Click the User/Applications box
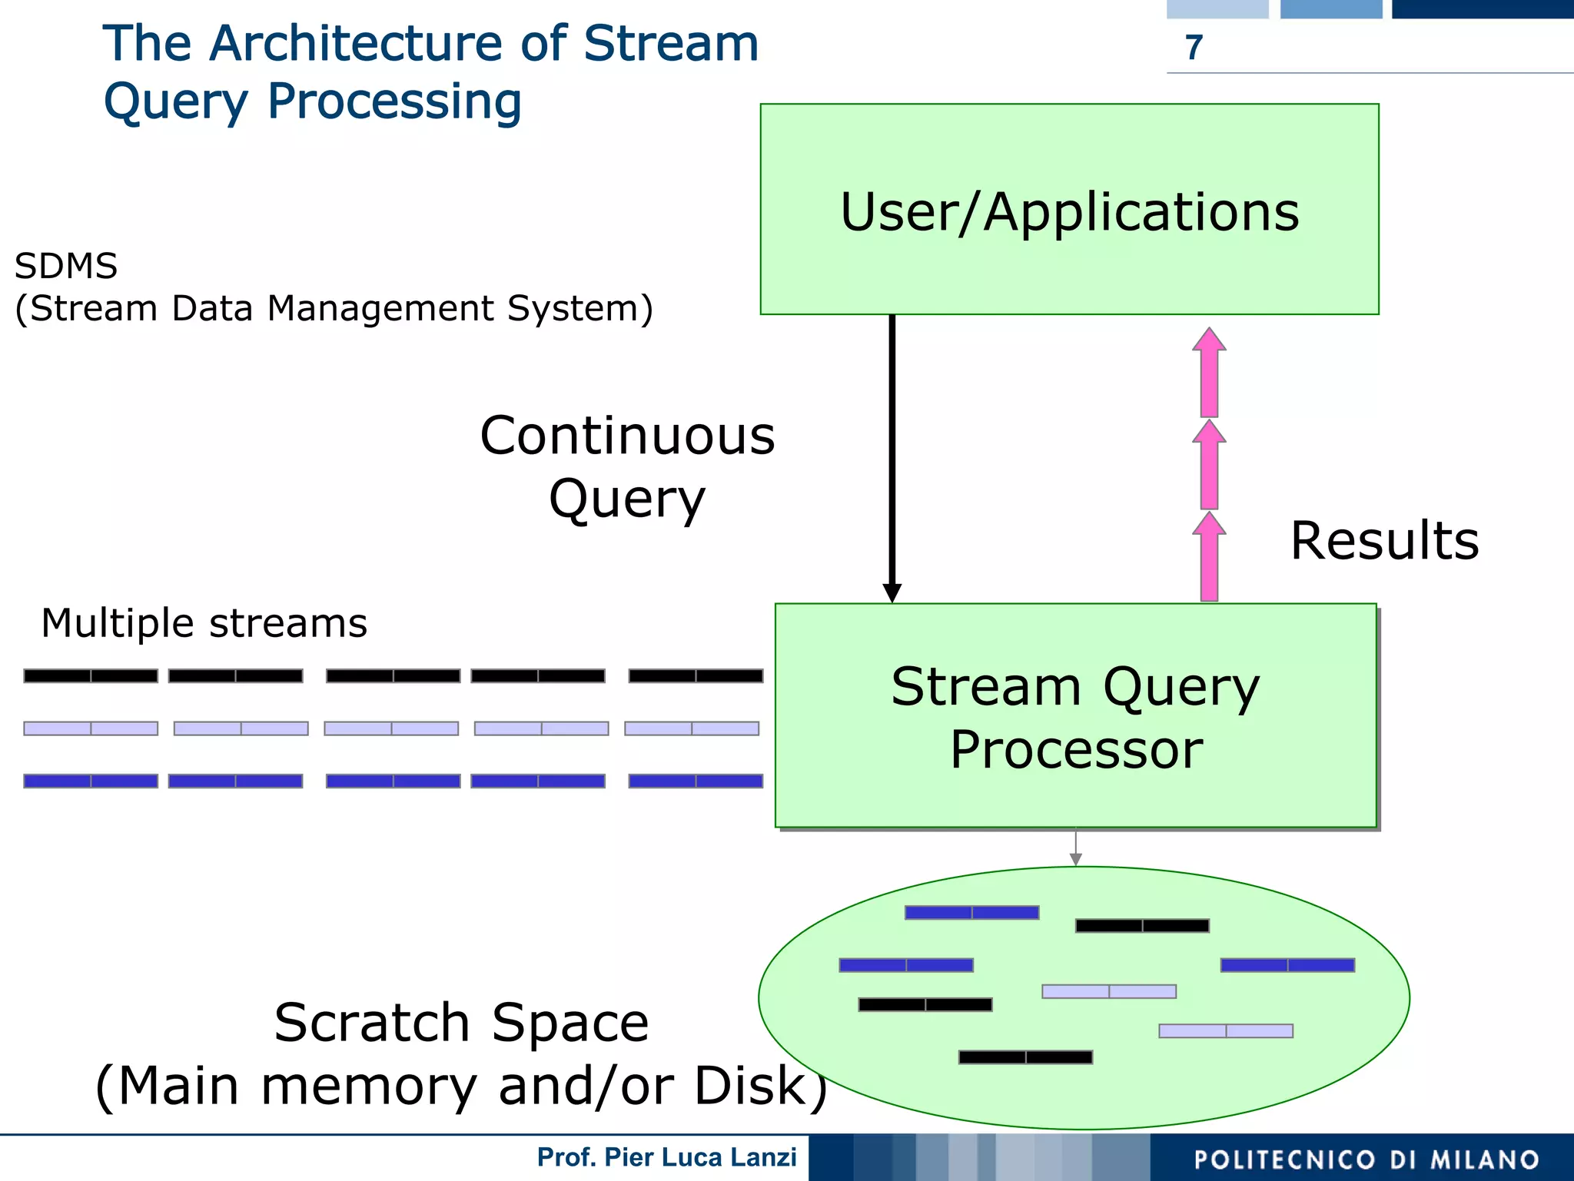[x=1069, y=210]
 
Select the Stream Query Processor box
[x=1075, y=716]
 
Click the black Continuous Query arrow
[x=892, y=453]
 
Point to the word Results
[x=1384, y=541]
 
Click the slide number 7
[x=1194, y=48]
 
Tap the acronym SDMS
[x=66, y=267]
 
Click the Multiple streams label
[x=204, y=623]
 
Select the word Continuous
[x=627, y=436]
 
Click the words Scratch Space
[x=461, y=1023]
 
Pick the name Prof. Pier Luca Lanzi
[x=666, y=1157]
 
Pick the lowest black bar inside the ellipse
[x=1025, y=1057]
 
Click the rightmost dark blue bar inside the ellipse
[x=1287, y=965]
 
